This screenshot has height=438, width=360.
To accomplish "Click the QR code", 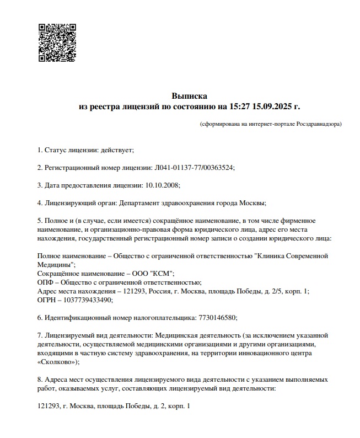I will (x=57, y=42).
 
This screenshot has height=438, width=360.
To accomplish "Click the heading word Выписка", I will (x=189, y=96).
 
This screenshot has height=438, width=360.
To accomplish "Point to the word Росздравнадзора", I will (x=318, y=124).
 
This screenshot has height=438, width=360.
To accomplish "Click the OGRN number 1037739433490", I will (x=89, y=300).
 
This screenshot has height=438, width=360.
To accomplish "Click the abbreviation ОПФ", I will (x=46, y=282).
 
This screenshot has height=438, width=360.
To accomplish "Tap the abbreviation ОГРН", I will (x=48, y=300).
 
